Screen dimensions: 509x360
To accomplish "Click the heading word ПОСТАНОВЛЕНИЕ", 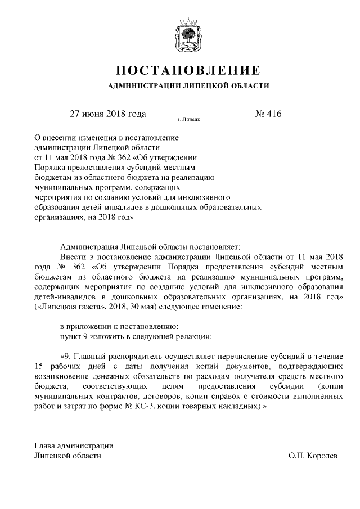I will click(188, 71).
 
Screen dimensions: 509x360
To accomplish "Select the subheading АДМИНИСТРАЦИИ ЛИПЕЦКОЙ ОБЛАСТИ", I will click(188, 87).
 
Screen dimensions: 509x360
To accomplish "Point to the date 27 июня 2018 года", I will click(107, 114).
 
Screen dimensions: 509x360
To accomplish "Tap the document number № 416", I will click(268, 114).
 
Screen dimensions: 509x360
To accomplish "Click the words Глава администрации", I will click(74, 445).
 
